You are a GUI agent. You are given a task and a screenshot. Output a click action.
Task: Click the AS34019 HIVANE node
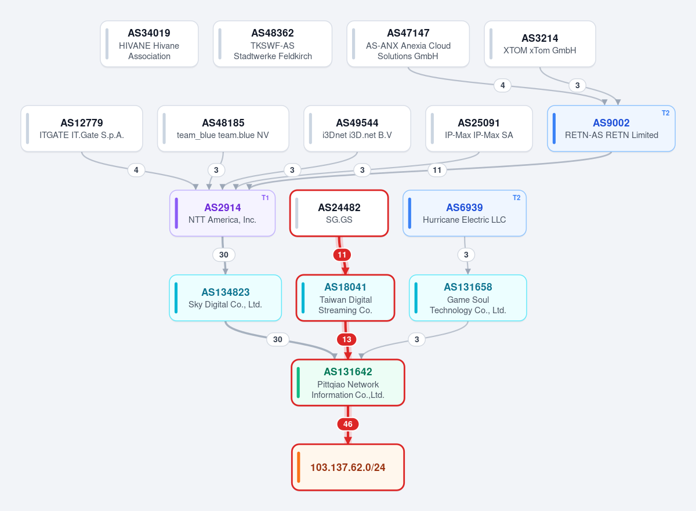149,44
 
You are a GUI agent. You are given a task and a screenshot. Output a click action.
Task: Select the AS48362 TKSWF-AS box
273,44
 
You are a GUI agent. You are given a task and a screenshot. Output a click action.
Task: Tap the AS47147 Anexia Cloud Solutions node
408,44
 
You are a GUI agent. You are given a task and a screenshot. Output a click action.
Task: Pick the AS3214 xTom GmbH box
540,44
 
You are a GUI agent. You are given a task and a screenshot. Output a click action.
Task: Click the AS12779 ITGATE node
82,129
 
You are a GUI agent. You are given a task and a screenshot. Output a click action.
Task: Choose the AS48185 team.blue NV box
223,129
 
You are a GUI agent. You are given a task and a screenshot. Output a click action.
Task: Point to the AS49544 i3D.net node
357,129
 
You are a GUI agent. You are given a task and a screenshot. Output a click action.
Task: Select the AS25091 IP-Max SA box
479,129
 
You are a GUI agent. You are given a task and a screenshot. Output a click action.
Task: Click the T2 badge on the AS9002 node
666,113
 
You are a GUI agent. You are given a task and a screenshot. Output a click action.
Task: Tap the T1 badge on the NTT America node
265,198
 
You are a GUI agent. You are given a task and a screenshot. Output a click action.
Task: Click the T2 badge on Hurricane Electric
516,198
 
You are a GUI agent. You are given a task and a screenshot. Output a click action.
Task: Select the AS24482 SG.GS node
339,213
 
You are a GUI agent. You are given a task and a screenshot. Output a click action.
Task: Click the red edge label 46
348,424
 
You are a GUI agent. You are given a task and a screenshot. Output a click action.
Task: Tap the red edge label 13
347,339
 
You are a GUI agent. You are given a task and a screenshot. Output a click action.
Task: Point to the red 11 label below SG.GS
342,255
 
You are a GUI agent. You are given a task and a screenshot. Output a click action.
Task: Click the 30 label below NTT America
224,255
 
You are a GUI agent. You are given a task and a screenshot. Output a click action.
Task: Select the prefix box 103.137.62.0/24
348,467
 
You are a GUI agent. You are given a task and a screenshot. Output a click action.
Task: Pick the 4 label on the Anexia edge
502,85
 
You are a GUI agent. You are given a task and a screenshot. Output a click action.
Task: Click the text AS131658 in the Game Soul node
468,287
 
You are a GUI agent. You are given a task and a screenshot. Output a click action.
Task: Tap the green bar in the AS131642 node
298,383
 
